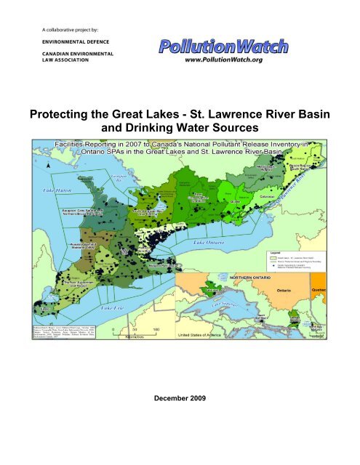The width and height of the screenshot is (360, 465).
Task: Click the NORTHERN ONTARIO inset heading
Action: tap(260, 278)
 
